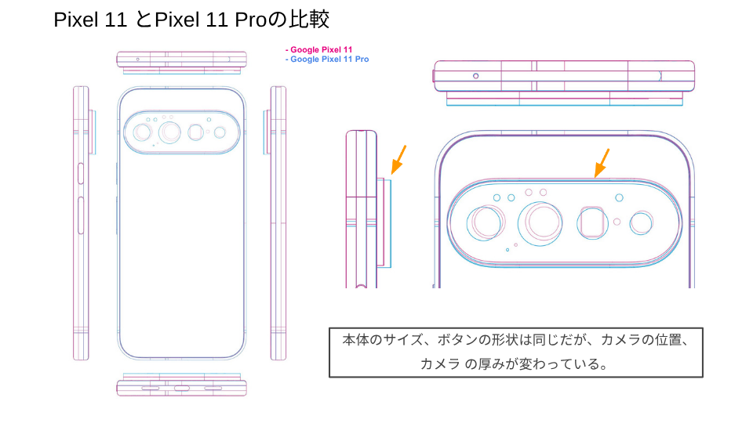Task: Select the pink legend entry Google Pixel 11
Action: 319,49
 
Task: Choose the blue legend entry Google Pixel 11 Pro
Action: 327,59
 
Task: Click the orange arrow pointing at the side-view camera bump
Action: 398,160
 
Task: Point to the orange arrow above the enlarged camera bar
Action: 602,163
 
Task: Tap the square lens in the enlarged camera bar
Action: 592,223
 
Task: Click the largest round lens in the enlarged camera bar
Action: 540,223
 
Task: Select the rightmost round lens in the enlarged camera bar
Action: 641,223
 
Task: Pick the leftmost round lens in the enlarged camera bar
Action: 486,223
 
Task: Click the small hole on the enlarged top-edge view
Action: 475,76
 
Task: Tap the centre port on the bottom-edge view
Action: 181,388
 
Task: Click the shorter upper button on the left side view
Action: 81,173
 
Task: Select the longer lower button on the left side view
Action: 81,215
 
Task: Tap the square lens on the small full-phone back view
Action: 195,132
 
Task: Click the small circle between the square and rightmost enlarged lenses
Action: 617,222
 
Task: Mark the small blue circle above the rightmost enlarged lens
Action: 619,197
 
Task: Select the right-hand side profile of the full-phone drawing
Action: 278,223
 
